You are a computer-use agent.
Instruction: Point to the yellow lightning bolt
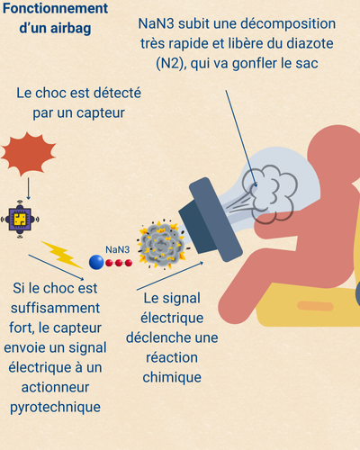63,254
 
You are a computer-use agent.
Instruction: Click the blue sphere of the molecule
96,262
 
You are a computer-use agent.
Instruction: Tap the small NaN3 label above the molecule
117,249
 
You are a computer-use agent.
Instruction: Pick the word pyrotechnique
68,407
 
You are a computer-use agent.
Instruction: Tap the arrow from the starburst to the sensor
30,187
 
